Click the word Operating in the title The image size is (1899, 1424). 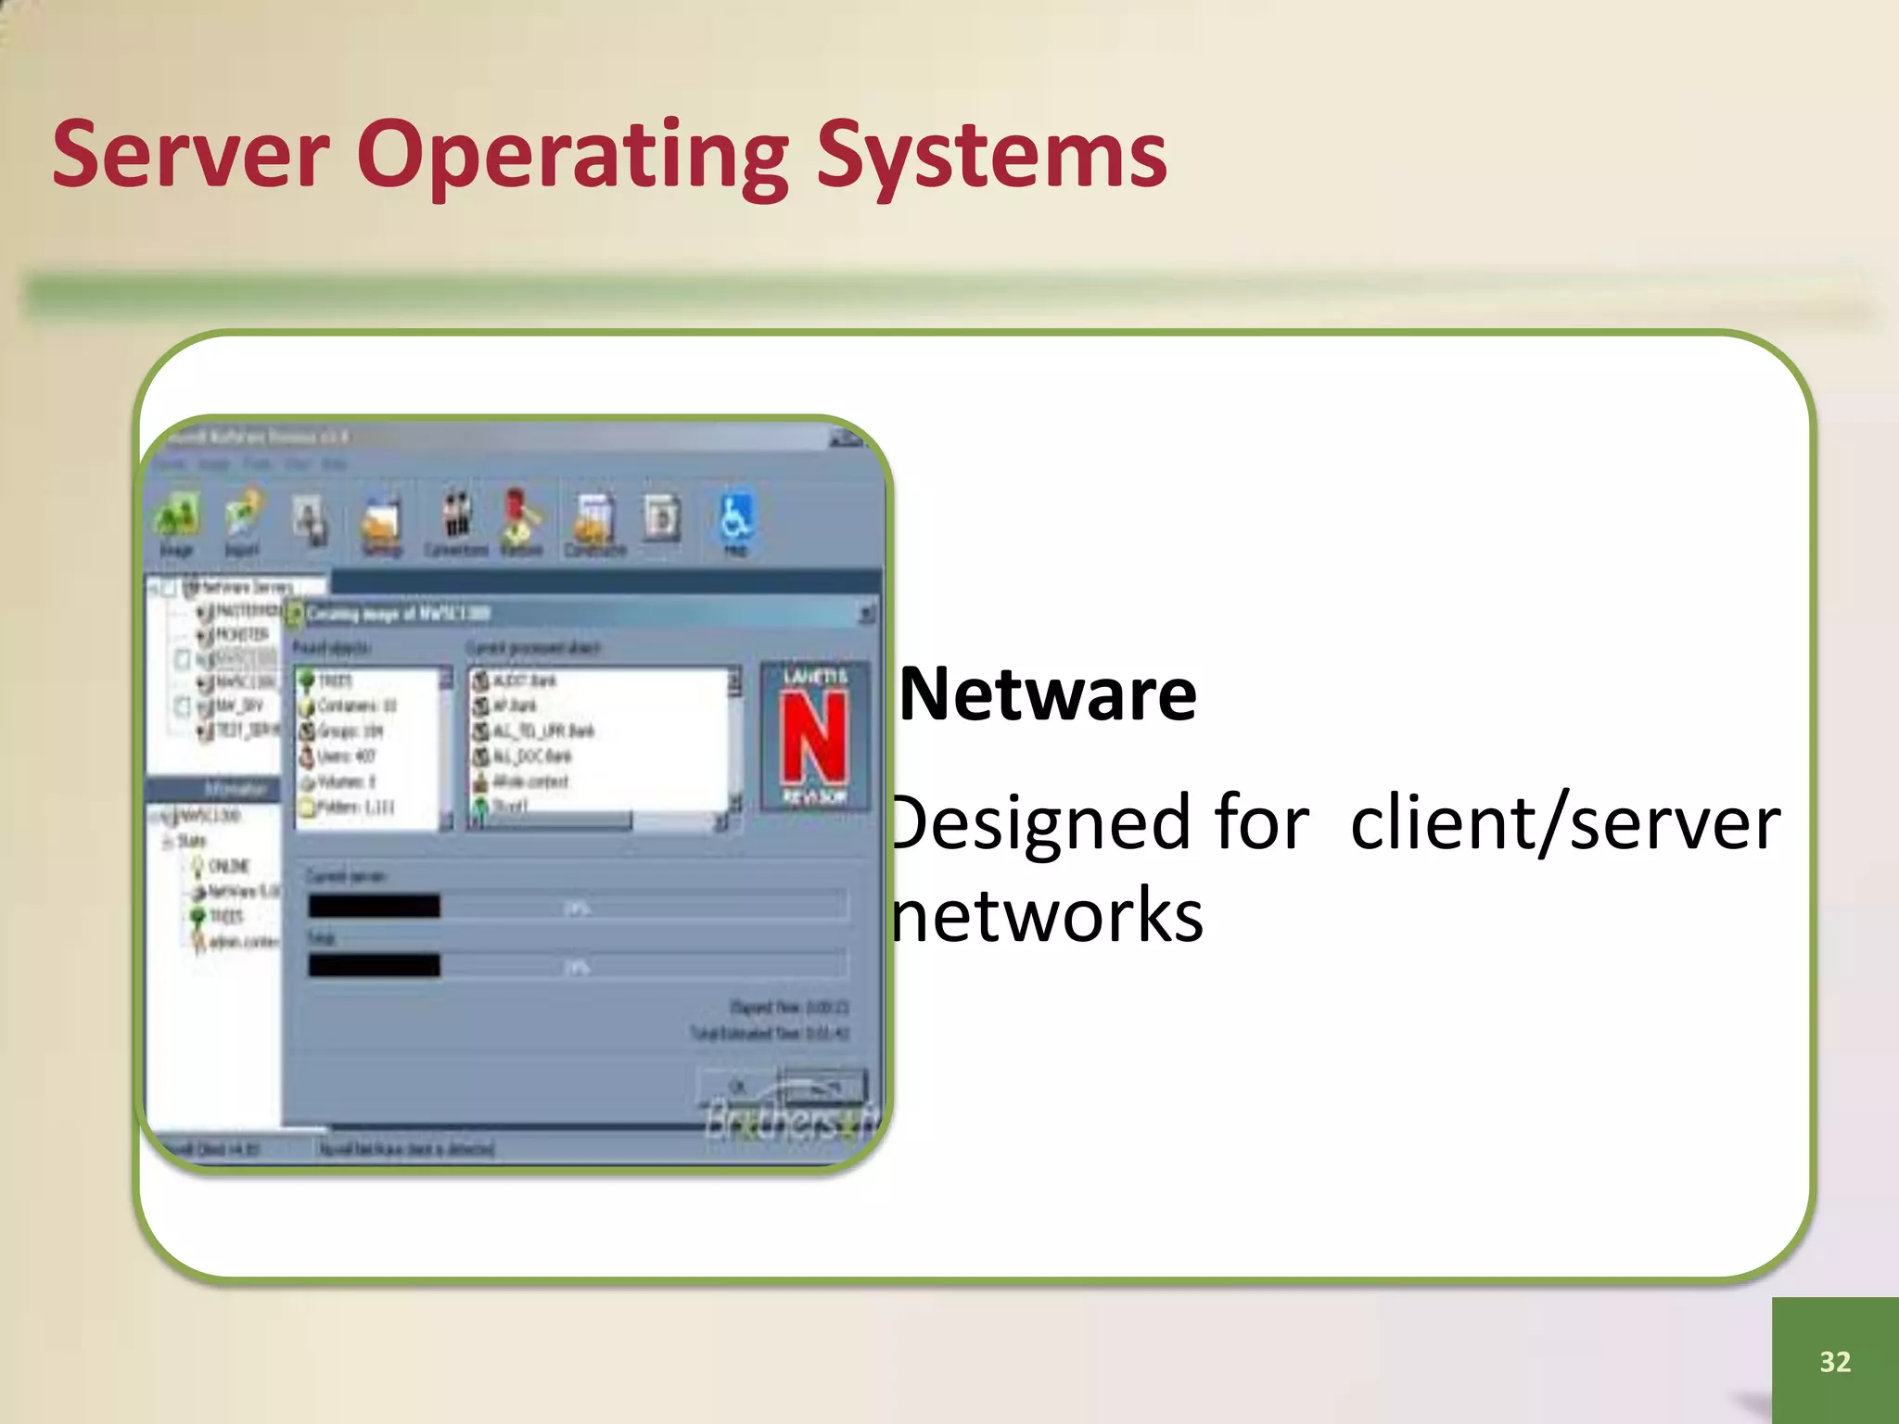click(572, 156)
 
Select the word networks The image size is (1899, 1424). click(1048, 916)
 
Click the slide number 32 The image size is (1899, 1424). click(1835, 1361)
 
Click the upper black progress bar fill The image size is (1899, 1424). click(375, 906)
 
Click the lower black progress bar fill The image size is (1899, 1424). click(375, 965)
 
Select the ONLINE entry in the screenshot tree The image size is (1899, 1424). click(228, 866)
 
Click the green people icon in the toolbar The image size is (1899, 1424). click(177, 515)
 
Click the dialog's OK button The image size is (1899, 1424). click(738, 1085)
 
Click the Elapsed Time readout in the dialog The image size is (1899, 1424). click(788, 1007)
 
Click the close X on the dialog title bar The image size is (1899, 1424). click(866, 614)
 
